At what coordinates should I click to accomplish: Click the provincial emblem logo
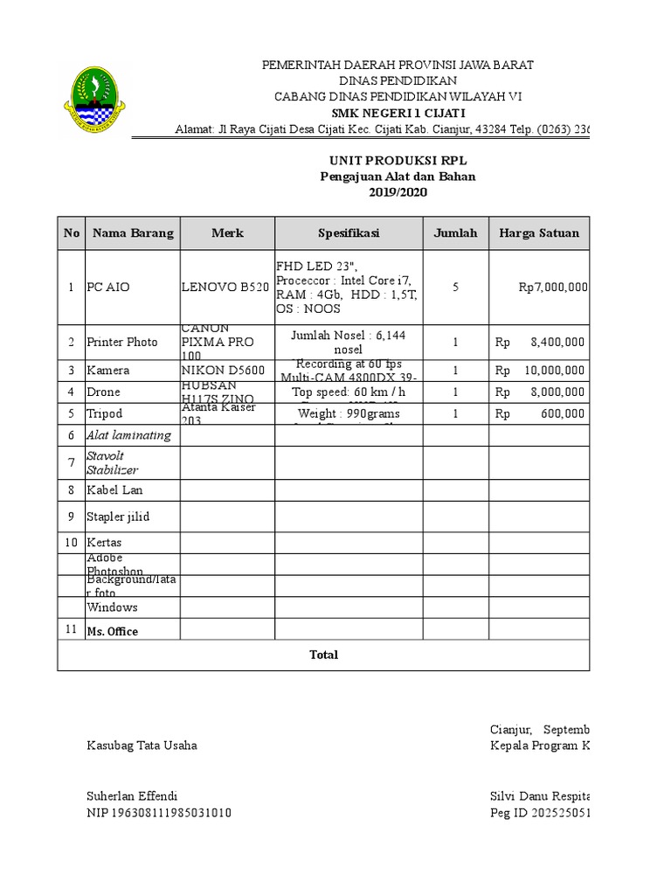(x=93, y=103)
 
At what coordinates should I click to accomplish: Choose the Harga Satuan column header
(x=539, y=233)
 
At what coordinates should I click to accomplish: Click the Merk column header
(x=227, y=233)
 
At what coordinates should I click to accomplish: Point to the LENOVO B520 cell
(x=225, y=287)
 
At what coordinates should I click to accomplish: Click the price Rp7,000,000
(x=551, y=287)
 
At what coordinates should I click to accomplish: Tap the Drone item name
(x=103, y=392)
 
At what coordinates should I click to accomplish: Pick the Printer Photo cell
(x=121, y=342)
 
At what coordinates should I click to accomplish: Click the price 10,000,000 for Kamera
(x=555, y=371)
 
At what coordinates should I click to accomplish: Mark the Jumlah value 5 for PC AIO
(x=455, y=287)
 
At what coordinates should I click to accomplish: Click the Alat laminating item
(x=128, y=435)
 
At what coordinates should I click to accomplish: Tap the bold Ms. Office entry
(x=112, y=631)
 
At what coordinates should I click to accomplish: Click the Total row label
(x=323, y=655)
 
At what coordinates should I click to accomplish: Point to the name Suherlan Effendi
(x=132, y=796)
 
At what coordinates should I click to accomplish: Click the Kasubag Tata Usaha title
(x=142, y=746)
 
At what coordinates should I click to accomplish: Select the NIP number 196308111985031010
(x=158, y=813)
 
